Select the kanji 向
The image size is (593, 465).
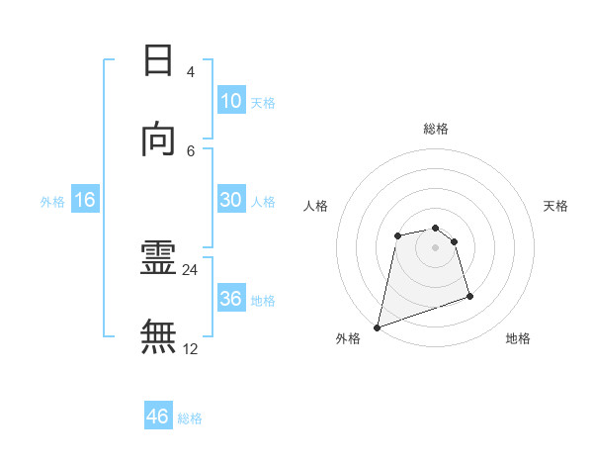click(x=158, y=140)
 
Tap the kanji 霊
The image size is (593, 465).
click(x=158, y=259)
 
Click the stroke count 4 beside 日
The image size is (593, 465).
click(x=191, y=71)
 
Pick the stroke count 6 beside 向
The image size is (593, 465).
click(x=191, y=150)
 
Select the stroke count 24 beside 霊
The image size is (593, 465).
click(x=191, y=269)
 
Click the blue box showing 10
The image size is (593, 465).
click(x=230, y=101)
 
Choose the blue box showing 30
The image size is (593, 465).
click(x=230, y=200)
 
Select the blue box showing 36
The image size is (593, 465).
click(x=230, y=299)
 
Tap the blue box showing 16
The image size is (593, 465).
click(x=85, y=200)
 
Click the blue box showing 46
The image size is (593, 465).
click(x=158, y=417)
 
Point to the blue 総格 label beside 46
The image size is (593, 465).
click(x=190, y=418)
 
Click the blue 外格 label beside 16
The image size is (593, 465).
click(x=52, y=202)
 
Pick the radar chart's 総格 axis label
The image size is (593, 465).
click(x=436, y=129)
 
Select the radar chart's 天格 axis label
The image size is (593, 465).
click(x=556, y=206)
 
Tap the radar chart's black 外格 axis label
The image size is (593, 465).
click(x=348, y=338)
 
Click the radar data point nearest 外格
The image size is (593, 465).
click(x=377, y=327)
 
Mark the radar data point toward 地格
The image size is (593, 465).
click(x=469, y=296)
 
